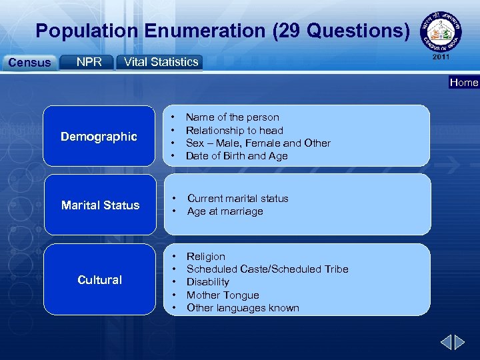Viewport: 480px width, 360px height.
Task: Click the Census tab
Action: (29, 63)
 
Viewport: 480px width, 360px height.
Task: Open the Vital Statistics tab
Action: (160, 62)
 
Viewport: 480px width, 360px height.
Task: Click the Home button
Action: (463, 83)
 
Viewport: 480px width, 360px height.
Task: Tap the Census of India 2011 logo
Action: (441, 34)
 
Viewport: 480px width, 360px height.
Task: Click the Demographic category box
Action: (99, 136)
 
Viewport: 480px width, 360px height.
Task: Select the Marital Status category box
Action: (100, 205)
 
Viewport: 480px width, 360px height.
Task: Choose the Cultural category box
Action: (99, 280)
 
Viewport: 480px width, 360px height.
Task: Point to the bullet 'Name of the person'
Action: (232, 117)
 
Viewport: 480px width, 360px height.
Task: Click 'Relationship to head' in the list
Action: (234, 131)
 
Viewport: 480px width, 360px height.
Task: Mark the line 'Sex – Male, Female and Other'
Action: (258, 143)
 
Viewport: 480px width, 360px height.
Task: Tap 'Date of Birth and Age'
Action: (237, 156)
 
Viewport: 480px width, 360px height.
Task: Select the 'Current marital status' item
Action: (237, 199)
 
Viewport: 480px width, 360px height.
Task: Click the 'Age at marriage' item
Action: (225, 211)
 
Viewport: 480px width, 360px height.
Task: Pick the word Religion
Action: (206, 257)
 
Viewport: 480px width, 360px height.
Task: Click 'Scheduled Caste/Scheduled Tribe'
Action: (267, 269)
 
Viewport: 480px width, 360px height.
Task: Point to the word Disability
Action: (207, 282)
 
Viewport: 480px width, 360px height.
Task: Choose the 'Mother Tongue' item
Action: (223, 295)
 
